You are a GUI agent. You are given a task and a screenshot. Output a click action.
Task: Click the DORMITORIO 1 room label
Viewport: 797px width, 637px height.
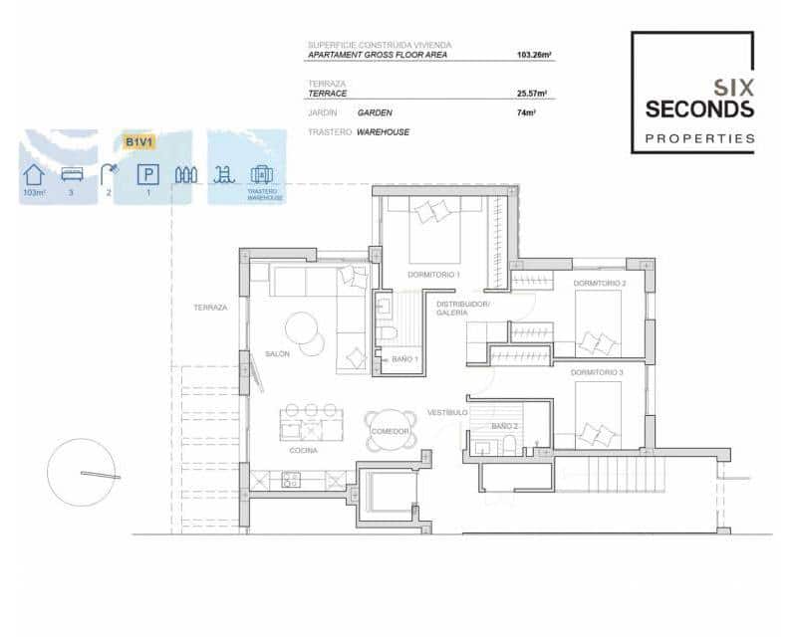coord(433,274)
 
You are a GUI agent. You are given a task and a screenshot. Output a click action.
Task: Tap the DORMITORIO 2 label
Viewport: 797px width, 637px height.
coord(600,284)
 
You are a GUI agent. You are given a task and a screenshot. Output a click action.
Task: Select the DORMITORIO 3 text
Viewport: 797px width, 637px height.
coord(598,372)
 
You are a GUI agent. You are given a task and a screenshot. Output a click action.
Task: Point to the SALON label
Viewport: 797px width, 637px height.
coord(277,353)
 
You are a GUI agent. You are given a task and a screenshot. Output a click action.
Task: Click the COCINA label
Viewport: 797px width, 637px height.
coord(304,451)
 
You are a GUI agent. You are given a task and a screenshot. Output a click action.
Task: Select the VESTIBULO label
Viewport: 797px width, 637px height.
coord(447,412)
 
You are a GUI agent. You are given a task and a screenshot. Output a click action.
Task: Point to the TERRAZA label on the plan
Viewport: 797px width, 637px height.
coord(210,308)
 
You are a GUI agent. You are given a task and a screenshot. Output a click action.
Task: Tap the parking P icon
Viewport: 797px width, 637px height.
coord(147,175)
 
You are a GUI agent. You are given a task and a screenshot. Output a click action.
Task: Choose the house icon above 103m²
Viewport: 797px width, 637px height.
coord(34,175)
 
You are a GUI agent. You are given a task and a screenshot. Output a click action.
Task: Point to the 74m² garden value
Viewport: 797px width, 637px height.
coord(526,112)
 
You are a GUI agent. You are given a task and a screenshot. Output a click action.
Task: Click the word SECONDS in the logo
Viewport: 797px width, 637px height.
coord(699,109)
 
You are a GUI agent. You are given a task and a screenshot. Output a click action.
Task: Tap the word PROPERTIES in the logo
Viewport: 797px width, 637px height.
coord(699,138)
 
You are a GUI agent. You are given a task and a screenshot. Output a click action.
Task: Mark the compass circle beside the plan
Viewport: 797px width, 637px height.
coord(82,473)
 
